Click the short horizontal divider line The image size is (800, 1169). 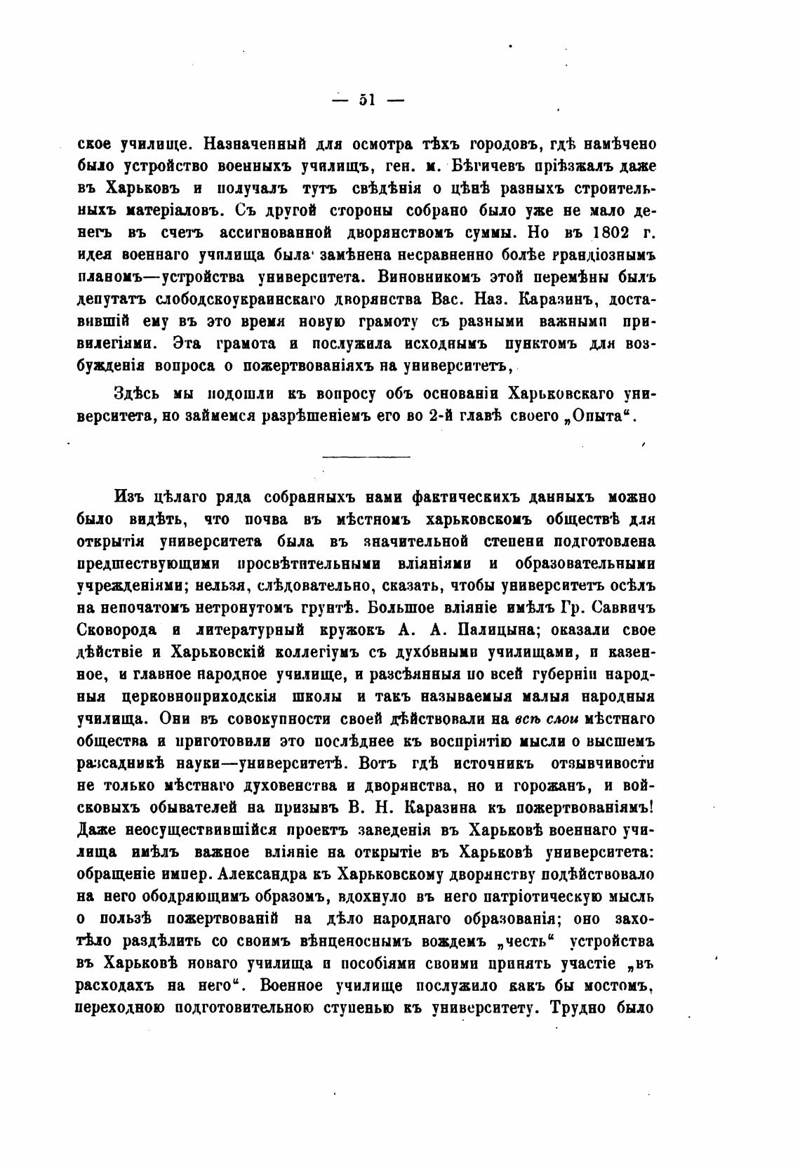pyautogui.click(x=366, y=457)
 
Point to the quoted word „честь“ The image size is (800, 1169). pyautogui.click(x=522, y=942)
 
